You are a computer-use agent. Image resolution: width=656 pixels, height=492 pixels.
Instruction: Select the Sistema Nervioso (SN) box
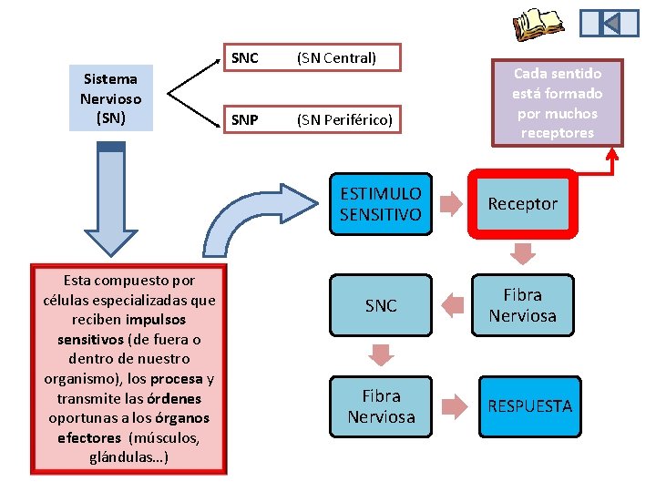(109, 98)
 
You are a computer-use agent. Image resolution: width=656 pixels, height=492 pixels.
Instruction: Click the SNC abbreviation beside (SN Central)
(245, 58)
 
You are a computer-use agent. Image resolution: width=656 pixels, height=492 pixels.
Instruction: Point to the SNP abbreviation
(244, 119)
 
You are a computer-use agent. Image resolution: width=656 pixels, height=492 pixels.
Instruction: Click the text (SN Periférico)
(344, 119)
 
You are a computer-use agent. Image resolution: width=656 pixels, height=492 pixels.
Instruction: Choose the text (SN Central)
(336, 58)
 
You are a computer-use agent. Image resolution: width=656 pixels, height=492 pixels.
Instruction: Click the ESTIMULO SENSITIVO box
(380, 204)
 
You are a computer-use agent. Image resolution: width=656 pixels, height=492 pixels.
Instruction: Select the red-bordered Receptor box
(522, 204)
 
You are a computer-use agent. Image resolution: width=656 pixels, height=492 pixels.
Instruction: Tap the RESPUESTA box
(529, 405)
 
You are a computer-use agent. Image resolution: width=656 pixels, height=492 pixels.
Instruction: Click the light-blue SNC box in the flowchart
(380, 306)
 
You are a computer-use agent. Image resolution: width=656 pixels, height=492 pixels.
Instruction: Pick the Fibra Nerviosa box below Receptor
(522, 305)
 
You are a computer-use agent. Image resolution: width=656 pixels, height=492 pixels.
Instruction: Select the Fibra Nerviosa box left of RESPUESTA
(380, 406)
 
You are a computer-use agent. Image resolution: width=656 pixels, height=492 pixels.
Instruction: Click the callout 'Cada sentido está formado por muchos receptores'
(557, 102)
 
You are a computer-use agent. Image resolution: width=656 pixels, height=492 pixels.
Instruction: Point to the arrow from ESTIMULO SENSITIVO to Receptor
(447, 204)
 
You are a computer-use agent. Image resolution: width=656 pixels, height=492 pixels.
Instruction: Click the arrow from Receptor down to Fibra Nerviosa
(523, 252)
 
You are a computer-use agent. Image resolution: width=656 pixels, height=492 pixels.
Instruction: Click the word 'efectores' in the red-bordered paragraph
(88, 437)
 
